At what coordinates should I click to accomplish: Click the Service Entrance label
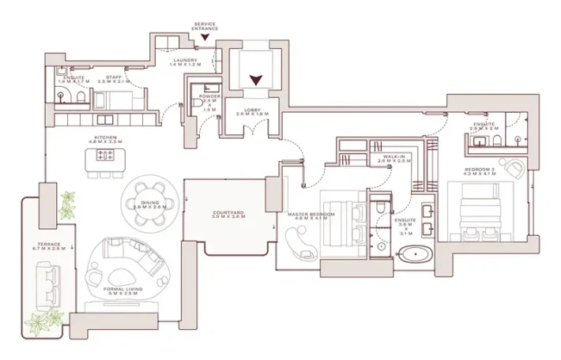[205, 26]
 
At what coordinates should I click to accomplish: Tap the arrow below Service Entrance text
[205, 37]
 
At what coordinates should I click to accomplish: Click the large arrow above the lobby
[256, 79]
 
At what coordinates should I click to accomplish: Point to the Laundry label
[185, 60]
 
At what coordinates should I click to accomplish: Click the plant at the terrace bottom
[43, 321]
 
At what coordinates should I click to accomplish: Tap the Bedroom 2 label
[480, 169]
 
